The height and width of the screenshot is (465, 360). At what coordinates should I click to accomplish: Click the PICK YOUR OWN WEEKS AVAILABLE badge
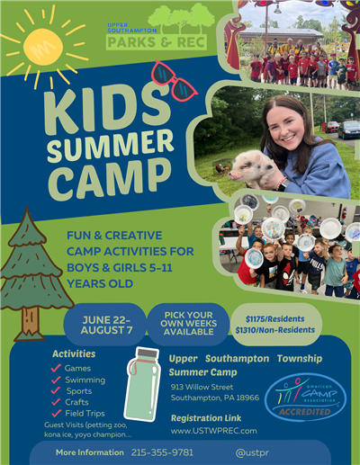[x=187, y=324]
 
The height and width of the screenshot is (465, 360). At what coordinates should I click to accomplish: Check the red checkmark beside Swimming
[x=56, y=380]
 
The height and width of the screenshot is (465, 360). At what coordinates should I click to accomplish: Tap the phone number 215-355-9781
[x=162, y=452]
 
